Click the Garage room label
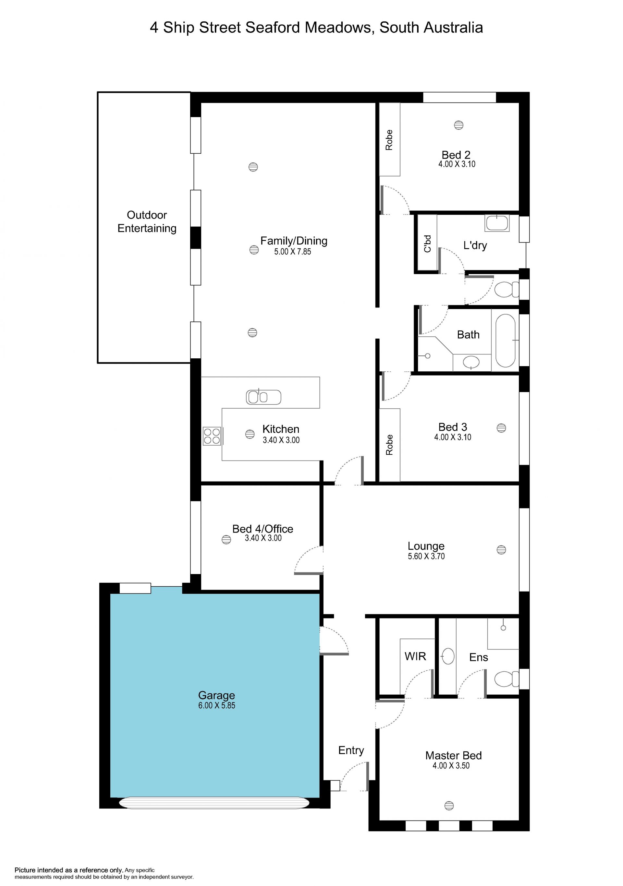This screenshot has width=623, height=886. [216, 695]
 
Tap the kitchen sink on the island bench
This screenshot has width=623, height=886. [263, 397]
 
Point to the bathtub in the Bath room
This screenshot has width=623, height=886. [505, 340]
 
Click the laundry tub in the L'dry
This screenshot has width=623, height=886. [497, 223]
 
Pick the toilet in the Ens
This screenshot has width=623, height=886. [507, 679]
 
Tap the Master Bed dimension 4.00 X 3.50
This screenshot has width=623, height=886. [451, 766]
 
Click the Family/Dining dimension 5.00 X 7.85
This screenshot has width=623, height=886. [293, 252]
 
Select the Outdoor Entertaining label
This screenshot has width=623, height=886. [147, 221]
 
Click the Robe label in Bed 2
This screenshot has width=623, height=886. [389, 140]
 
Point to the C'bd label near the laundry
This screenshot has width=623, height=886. [427, 244]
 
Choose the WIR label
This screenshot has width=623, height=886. [415, 656]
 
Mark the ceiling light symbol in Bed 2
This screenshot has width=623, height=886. [458, 125]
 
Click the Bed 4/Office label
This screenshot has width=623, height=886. [263, 529]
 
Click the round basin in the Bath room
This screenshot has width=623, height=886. [471, 362]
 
